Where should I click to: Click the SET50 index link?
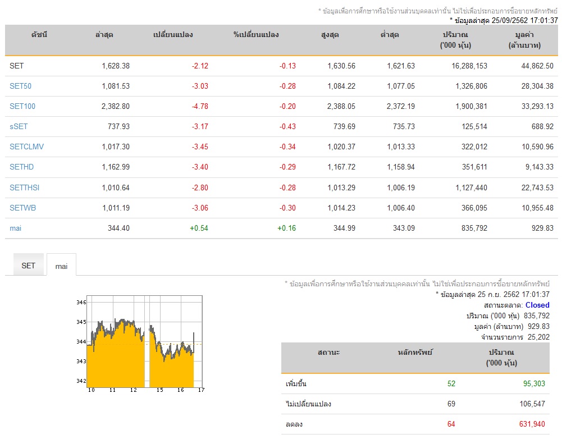point(20,86)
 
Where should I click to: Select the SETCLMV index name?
point(26,147)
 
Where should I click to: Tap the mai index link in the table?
point(15,228)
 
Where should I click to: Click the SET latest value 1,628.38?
point(116,66)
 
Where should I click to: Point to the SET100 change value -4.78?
point(200,107)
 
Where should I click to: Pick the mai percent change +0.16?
point(287,228)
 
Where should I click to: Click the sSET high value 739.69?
point(344,126)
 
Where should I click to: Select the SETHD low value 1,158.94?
point(401,167)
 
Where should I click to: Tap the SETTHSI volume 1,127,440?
point(471,188)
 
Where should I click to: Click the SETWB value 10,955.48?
point(537,208)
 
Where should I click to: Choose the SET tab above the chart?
point(28,266)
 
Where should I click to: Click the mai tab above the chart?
point(61,266)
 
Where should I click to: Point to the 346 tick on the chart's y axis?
point(81,303)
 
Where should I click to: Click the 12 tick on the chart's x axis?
point(133,390)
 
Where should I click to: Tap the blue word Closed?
point(537,305)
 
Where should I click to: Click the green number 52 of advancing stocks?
point(451,384)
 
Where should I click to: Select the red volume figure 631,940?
point(532,424)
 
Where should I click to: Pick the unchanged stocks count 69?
point(451,404)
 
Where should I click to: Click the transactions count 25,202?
point(538,337)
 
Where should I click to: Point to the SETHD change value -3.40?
point(200,167)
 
